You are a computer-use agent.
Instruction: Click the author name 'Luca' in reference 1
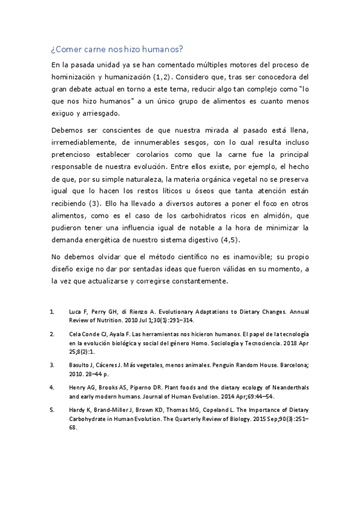pos(75,312)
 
